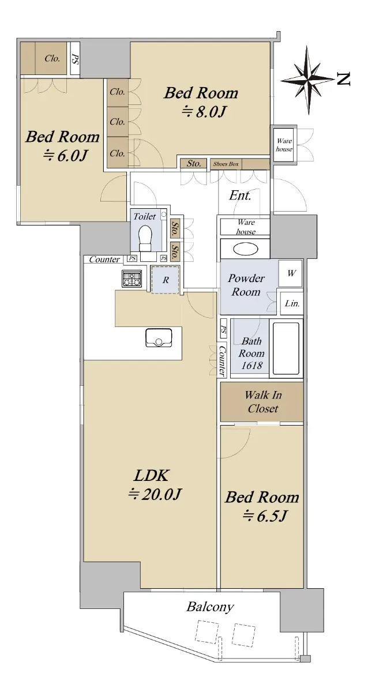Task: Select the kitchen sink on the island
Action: [159, 337]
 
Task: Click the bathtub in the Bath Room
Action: [286, 348]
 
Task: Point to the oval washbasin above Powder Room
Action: [245, 249]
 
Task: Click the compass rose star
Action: [308, 80]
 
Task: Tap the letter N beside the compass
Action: [343, 79]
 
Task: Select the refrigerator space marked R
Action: [166, 280]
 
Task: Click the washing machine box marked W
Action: [290, 273]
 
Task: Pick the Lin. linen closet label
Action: [292, 303]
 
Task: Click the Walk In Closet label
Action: [263, 401]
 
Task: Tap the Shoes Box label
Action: [226, 164]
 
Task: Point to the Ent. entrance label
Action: [240, 195]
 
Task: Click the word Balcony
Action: [210, 607]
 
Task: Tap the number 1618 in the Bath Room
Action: [251, 366]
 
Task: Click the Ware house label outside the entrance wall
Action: [284, 145]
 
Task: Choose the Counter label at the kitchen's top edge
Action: [104, 259]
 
